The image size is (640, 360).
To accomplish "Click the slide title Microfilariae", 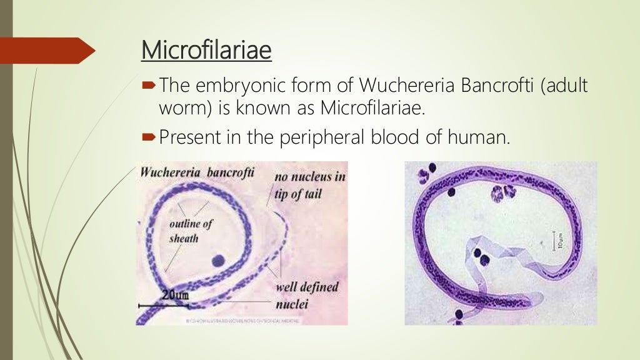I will (206, 51).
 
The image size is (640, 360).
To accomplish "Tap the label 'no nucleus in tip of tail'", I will (310, 185).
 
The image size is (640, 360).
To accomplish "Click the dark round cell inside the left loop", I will (219, 260).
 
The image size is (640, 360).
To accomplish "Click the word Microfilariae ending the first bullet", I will (372, 108).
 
